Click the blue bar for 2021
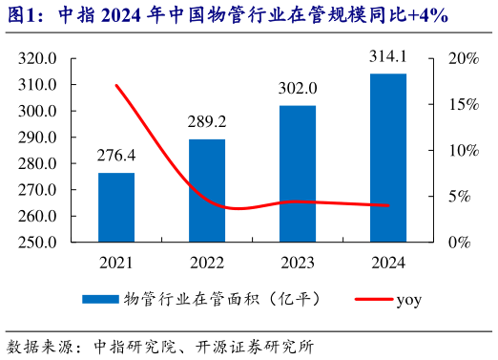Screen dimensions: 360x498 (116, 207)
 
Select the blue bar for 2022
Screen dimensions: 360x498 (207, 190)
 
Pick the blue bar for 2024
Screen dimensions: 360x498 (387, 158)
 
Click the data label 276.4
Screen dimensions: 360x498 (116, 155)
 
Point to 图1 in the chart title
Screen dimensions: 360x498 (22, 16)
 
